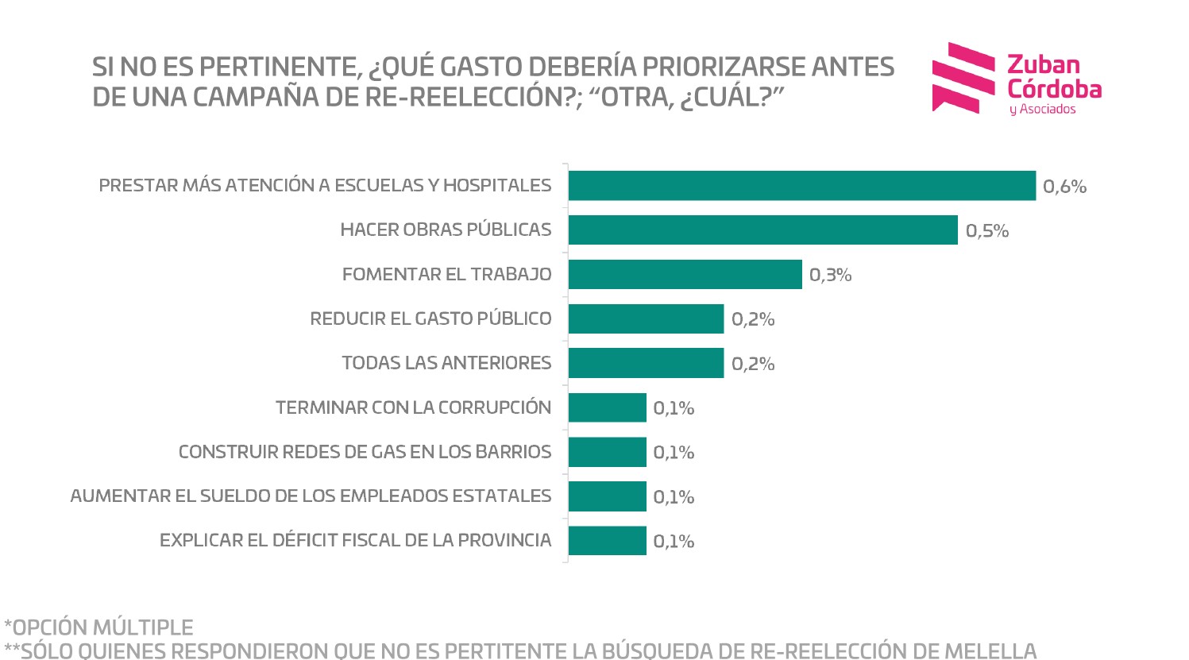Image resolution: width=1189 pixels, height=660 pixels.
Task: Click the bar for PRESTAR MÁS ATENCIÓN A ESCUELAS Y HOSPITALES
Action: [801, 186]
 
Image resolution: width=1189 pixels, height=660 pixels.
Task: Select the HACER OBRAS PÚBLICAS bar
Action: [762, 230]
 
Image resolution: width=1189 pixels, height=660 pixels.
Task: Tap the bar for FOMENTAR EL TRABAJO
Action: [685, 275]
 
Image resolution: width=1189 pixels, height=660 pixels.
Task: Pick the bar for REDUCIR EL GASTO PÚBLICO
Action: [646, 319]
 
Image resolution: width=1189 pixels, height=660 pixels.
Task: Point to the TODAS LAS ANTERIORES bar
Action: [646, 363]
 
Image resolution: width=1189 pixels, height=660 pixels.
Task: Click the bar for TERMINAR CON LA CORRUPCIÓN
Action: [607, 407]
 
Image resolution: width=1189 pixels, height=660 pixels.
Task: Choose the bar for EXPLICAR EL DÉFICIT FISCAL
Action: [607, 541]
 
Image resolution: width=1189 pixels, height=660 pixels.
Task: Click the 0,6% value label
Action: [1064, 187]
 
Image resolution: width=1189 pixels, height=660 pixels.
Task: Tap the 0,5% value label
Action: [987, 231]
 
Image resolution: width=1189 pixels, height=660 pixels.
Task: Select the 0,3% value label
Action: [830, 276]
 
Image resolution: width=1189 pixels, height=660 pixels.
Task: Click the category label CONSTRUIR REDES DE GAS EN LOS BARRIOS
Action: [365, 453]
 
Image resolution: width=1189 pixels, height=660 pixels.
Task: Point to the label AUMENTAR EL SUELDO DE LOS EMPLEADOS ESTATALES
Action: [311, 496]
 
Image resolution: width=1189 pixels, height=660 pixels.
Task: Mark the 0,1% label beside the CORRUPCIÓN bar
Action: [674, 409]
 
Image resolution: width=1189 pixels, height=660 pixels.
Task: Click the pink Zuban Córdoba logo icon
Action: [963, 78]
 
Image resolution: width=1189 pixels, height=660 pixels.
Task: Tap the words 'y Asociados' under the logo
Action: [1042, 110]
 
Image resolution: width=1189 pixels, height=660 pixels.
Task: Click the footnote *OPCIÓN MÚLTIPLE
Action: [98, 627]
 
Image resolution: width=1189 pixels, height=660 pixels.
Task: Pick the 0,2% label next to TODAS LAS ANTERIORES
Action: [752, 365]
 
